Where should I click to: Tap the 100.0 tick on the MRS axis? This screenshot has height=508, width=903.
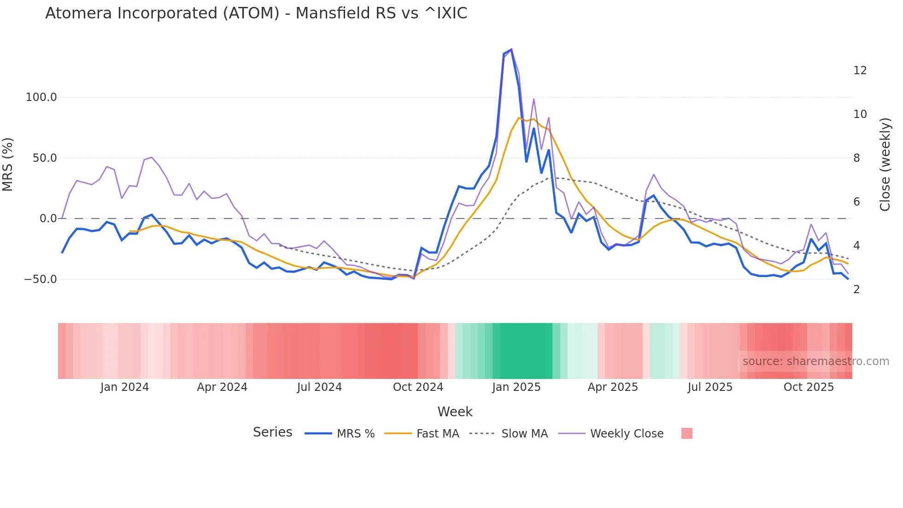(x=41, y=97)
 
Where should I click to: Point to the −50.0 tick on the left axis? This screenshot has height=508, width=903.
(x=40, y=279)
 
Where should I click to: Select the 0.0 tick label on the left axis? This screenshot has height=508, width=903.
(x=48, y=219)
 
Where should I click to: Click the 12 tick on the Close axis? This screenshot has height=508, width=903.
(x=860, y=71)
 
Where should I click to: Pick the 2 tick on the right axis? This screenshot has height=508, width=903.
(x=856, y=289)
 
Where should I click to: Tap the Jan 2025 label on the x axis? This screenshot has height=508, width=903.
(x=516, y=387)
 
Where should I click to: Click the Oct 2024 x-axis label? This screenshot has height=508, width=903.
(x=418, y=387)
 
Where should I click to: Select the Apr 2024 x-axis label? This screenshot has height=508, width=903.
(x=222, y=387)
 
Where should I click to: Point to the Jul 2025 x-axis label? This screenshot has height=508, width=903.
(x=710, y=387)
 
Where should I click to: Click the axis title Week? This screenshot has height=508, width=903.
(x=455, y=412)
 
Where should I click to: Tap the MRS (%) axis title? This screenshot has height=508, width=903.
(x=8, y=164)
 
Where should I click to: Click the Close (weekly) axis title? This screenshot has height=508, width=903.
(x=885, y=165)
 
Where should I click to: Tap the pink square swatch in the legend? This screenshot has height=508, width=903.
(x=686, y=433)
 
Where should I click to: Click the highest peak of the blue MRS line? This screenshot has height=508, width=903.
(x=511, y=50)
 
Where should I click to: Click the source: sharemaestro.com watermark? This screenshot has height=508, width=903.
(x=815, y=361)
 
